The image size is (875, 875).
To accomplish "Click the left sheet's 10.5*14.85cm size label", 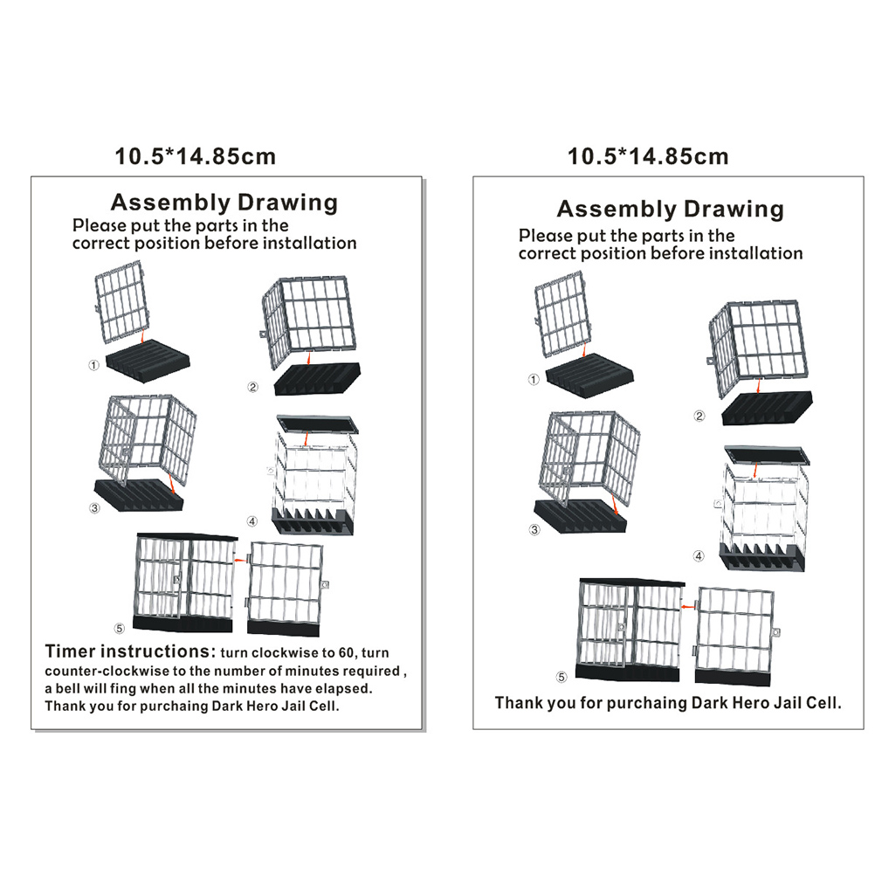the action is pyautogui.click(x=196, y=156).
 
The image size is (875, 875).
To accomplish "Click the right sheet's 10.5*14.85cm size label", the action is pyautogui.click(x=648, y=156).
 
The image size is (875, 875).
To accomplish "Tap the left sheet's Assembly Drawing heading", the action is pyautogui.click(x=224, y=203).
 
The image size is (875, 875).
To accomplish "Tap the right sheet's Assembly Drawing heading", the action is pyautogui.click(x=670, y=210).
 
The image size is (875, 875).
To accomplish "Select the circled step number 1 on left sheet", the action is pyautogui.click(x=93, y=365).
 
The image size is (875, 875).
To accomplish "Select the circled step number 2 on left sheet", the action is pyautogui.click(x=252, y=387).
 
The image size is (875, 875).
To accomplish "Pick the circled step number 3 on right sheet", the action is pyautogui.click(x=534, y=529).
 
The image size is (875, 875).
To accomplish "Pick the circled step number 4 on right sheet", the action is pyautogui.click(x=699, y=555).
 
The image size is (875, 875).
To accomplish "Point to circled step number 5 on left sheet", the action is pyautogui.click(x=120, y=629).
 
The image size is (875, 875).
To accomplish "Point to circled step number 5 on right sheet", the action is pyautogui.click(x=562, y=677).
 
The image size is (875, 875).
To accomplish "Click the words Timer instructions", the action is pyautogui.click(x=130, y=651).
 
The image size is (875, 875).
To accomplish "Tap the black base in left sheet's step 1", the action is pyautogui.click(x=148, y=361).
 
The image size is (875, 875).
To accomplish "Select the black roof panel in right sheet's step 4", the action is pyautogui.click(x=767, y=455).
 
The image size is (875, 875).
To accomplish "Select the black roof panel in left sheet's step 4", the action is pyautogui.click(x=318, y=424).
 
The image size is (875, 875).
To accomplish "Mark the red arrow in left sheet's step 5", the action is pyautogui.click(x=240, y=560).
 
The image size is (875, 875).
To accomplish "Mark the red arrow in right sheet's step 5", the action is pyautogui.click(x=689, y=607).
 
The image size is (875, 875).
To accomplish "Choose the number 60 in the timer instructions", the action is pyautogui.click(x=347, y=653).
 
